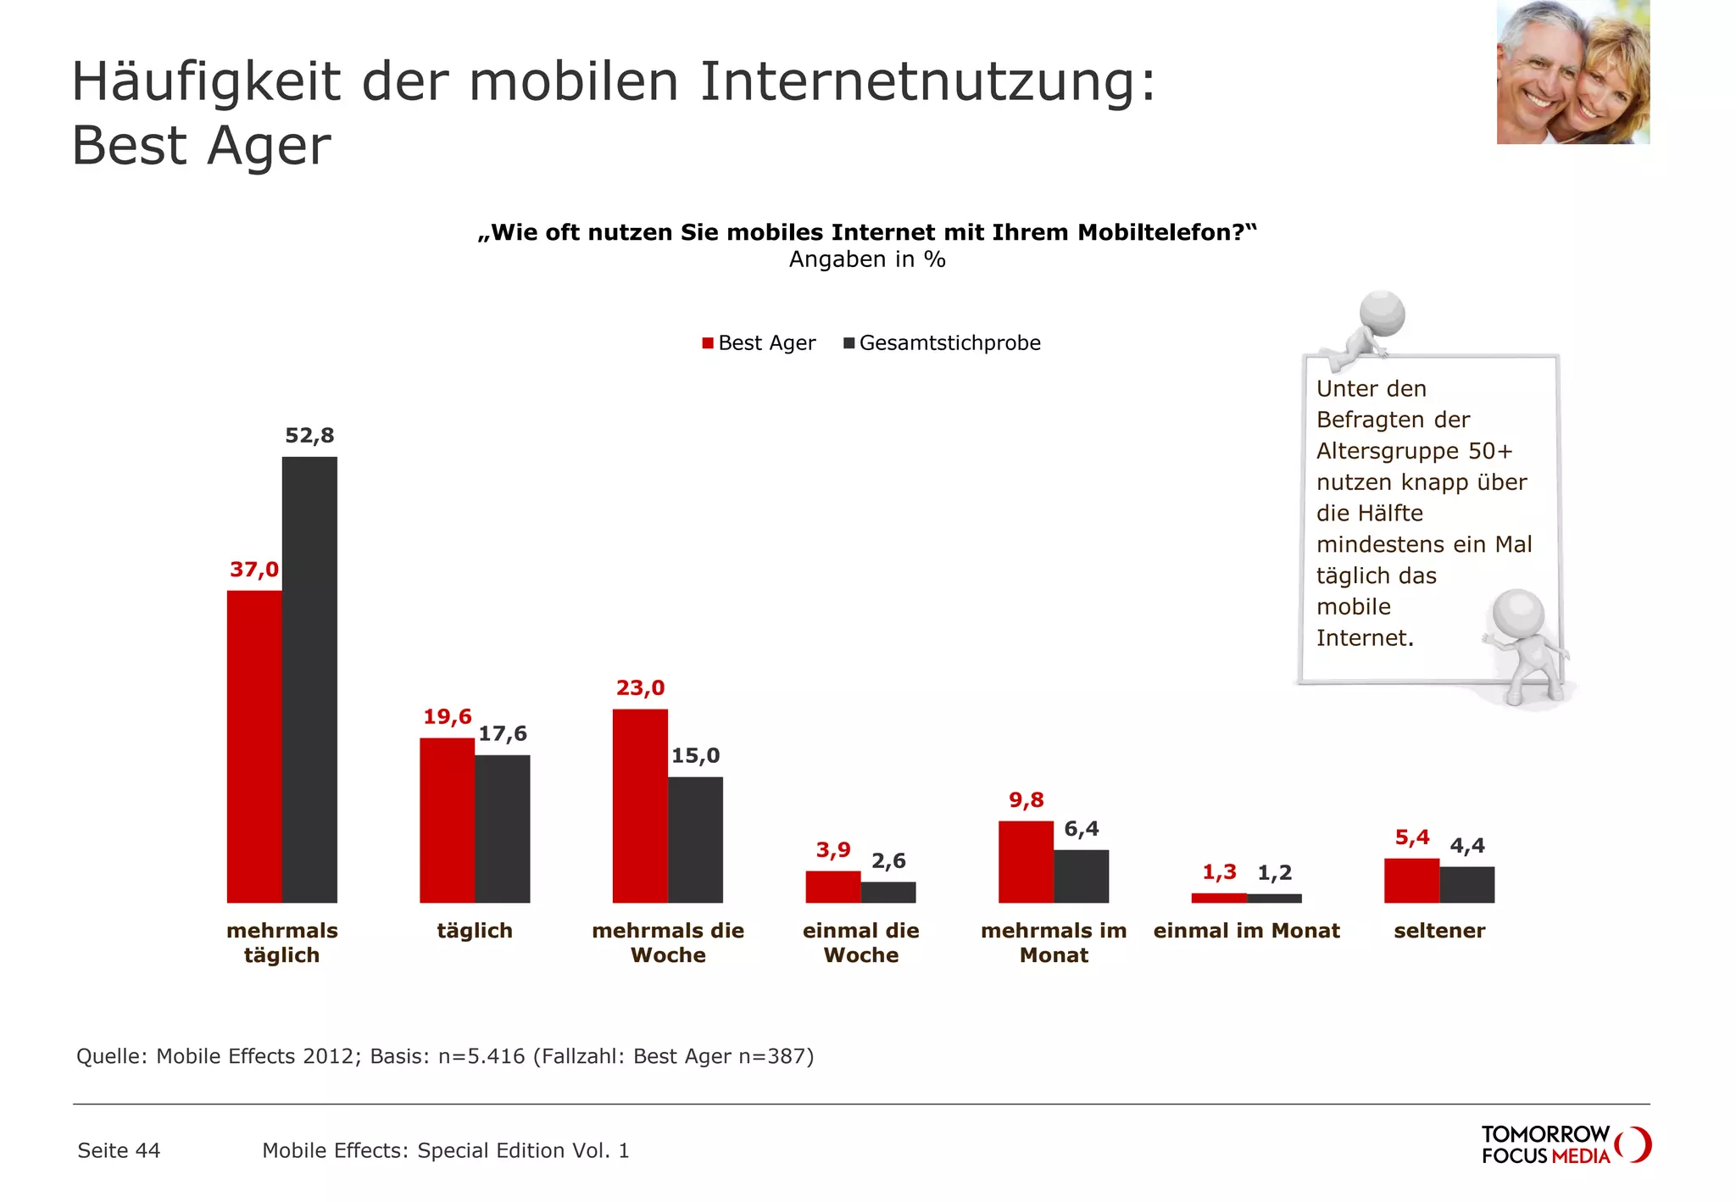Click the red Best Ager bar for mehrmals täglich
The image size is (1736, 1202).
point(254,746)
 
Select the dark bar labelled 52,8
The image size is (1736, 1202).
point(309,678)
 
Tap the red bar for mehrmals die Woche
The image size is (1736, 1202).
point(640,805)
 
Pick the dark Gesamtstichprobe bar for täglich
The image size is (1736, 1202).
point(502,828)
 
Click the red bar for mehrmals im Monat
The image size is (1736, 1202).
point(1026,861)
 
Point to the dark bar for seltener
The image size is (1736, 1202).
point(1466,884)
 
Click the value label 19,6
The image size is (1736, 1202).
point(448,717)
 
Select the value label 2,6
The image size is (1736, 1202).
point(888,861)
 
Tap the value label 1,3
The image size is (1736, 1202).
point(1219,872)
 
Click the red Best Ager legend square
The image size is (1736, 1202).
point(708,343)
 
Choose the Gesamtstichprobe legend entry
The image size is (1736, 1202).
point(949,343)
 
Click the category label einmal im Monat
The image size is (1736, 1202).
point(1246,931)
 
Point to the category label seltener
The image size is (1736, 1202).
point(1439,931)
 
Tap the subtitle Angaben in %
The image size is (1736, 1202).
point(867,259)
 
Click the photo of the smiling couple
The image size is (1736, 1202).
point(1572,72)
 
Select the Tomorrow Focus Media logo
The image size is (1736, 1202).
point(1564,1144)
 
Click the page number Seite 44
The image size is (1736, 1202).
point(119,1150)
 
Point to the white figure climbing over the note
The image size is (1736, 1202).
point(1365,331)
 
